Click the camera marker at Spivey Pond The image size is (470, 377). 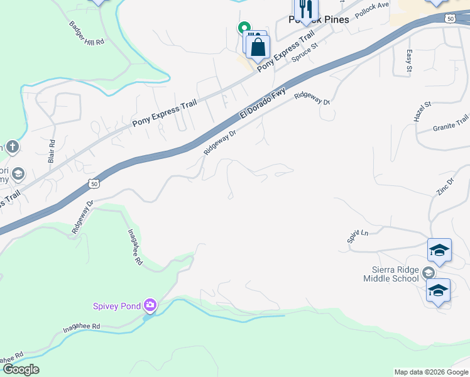click(150, 305)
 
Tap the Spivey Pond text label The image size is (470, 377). click(116, 306)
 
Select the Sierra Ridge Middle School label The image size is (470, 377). click(390, 274)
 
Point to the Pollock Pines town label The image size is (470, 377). click(319, 20)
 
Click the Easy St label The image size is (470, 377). click(408, 61)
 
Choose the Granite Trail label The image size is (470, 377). click(451, 123)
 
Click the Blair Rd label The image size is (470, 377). click(52, 151)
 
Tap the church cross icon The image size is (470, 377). click(13, 147)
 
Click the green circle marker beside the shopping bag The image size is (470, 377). click(243, 28)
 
